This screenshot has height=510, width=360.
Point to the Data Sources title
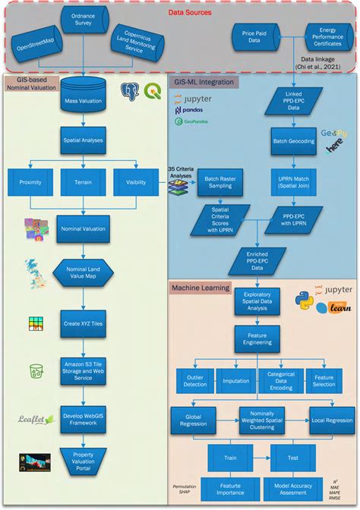(x=179, y=13)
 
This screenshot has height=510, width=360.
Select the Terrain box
(x=83, y=182)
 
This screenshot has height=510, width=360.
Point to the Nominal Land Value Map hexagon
(x=83, y=272)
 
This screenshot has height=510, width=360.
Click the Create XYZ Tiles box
(x=83, y=323)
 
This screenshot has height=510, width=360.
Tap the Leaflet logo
(x=35, y=420)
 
